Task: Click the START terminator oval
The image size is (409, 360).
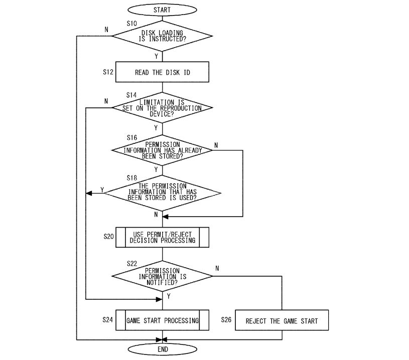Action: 162,10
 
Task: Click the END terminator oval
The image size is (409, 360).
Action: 163,349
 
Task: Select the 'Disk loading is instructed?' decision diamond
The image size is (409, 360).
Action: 162,36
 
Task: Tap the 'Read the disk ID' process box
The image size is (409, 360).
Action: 162,72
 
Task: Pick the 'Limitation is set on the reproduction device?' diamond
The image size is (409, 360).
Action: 162,108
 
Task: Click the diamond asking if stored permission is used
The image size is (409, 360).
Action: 162,193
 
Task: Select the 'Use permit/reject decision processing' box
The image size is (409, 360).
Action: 162,237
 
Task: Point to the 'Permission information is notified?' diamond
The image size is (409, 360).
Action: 162,276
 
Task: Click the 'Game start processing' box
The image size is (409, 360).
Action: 162,320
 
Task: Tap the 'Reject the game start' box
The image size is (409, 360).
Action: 282,321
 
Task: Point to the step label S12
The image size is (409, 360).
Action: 108,72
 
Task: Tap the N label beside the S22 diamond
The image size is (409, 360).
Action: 217,268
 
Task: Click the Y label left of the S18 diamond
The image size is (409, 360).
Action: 102,190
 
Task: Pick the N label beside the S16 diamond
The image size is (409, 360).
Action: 216,145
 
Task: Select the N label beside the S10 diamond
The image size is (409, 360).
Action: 106,29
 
